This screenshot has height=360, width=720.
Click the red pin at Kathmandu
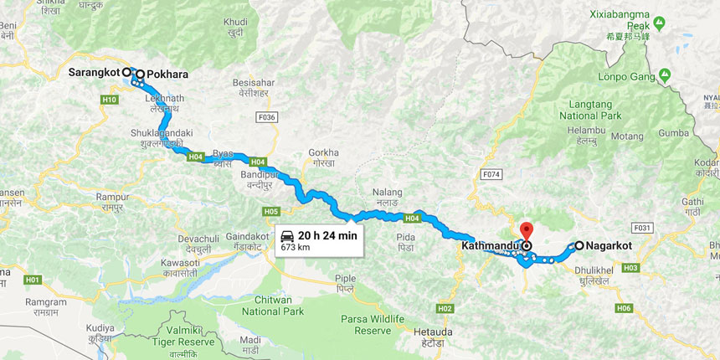[527, 230]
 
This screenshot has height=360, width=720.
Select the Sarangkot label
[94, 73]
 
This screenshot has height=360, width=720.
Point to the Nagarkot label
[609, 246]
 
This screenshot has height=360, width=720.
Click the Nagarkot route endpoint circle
[579, 246]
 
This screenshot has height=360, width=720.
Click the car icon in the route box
[287, 235]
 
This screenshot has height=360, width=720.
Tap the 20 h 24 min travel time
[327, 235]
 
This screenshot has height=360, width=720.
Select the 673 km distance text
[296, 248]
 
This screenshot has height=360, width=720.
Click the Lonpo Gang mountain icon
[665, 75]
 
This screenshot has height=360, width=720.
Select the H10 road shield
[110, 100]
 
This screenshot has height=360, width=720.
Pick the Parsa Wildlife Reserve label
[373, 324]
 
